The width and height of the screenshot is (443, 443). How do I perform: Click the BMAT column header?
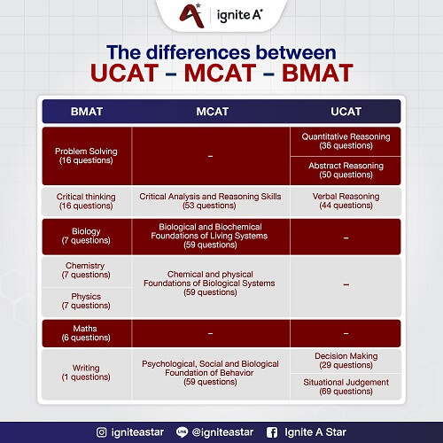coord(86,111)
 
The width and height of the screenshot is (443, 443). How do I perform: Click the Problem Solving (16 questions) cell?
coord(86,157)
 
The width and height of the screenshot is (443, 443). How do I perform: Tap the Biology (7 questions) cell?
coord(86,235)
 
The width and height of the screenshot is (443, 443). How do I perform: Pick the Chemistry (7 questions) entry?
coord(86,270)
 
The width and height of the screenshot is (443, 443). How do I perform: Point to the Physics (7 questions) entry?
coord(86,301)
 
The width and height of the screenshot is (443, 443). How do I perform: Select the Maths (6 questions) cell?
coord(86,333)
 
